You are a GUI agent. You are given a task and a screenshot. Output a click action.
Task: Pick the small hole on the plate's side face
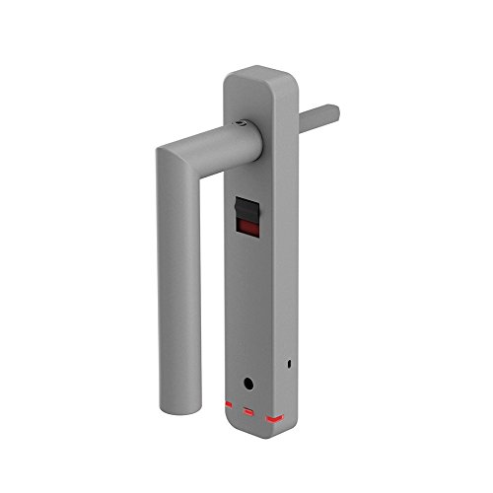coord(288,367)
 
